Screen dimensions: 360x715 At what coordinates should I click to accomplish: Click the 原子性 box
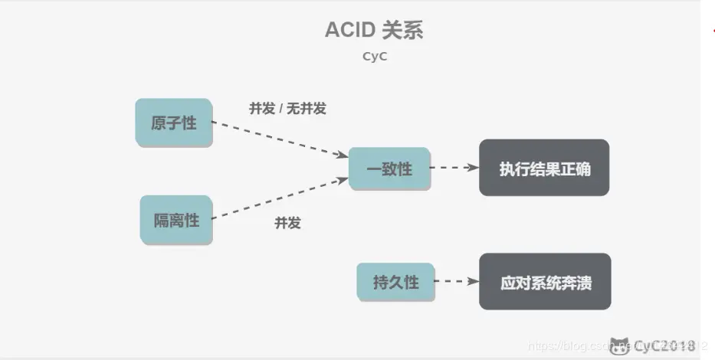[x=174, y=123]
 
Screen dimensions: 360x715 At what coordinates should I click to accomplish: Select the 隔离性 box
[x=176, y=220]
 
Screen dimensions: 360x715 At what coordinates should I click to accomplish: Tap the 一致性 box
[x=389, y=169]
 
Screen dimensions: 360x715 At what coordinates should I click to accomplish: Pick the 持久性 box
[x=395, y=282]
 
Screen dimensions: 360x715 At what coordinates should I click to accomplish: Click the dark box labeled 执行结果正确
[x=544, y=168]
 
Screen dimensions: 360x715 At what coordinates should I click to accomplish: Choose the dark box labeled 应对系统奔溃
[x=545, y=282]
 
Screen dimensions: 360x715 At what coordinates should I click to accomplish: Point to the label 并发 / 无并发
[x=287, y=109]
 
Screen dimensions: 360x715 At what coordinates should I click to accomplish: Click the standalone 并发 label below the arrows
[x=287, y=223]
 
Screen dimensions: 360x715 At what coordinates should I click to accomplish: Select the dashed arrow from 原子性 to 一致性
[x=280, y=139]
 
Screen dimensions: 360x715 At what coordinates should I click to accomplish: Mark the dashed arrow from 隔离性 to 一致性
[x=280, y=198]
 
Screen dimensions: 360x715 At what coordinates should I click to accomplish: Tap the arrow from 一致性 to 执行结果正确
[x=454, y=168]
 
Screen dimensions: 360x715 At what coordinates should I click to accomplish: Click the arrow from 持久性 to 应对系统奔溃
[x=457, y=282]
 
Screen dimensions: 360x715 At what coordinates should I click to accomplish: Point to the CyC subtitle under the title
[x=375, y=56]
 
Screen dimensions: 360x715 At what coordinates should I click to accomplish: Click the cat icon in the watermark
[x=619, y=345]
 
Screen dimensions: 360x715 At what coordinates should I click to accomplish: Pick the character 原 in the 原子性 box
[x=159, y=123]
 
